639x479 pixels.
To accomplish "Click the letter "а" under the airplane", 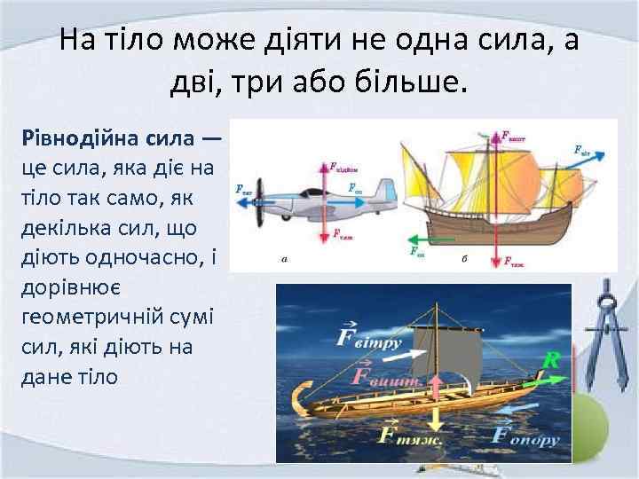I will (x=284, y=260).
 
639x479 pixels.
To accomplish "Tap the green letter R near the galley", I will (x=551, y=360).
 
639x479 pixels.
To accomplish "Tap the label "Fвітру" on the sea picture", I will (x=369, y=339).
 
